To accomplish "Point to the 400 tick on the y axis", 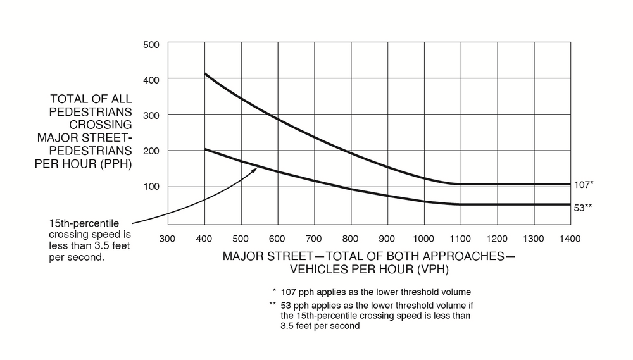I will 155,79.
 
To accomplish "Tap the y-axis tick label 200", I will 155,151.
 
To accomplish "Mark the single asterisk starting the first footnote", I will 275,290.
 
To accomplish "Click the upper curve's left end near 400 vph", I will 205,74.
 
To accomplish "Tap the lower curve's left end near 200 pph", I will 205,149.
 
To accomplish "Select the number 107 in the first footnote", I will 289,292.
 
